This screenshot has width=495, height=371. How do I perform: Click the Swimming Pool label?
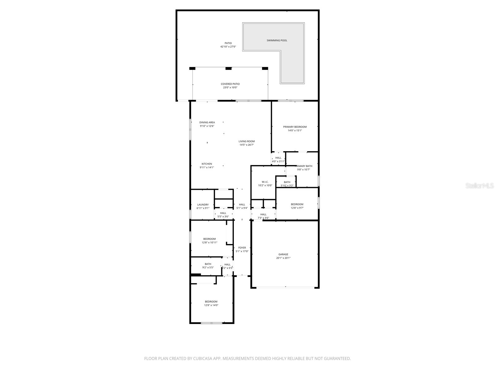pyautogui.click(x=277, y=41)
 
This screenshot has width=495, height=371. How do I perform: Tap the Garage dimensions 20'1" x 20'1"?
pyautogui.click(x=283, y=258)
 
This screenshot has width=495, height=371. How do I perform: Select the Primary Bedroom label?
pyautogui.click(x=295, y=127)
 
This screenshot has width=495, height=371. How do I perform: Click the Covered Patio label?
pyautogui.click(x=230, y=84)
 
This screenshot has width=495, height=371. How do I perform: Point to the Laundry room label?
pyautogui.click(x=203, y=205)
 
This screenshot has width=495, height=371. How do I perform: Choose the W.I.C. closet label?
pyautogui.click(x=265, y=182)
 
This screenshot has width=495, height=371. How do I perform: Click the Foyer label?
pyautogui.click(x=242, y=248)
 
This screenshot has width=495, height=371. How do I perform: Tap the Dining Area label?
pyautogui.click(x=207, y=122)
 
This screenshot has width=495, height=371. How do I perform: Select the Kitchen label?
pyautogui.click(x=207, y=164)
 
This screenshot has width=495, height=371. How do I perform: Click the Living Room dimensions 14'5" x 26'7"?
pyautogui.click(x=247, y=145)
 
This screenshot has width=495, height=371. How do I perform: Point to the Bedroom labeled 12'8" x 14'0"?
pyautogui.click(x=211, y=303)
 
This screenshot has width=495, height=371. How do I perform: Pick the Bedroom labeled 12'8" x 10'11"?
pyautogui.click(x=209, y=241)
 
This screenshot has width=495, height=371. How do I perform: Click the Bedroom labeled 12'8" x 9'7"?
pyautogui.click(x=297, y=206)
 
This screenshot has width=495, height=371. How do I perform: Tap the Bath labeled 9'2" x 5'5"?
pyautogui.click(x=208, y=266)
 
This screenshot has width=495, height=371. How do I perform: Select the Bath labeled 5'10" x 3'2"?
pyautogui.click(x=287, y=184)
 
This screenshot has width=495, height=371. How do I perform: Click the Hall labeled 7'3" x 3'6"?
pyautogui.click(x=263, y=216)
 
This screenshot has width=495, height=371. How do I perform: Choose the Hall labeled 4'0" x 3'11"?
pyautogui.click(x=278, y=160)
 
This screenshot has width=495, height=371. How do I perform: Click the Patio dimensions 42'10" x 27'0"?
pyautogui.click(x=228, y=47)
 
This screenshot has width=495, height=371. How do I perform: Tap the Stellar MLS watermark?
pyautogui.click(x=480, y=186)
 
